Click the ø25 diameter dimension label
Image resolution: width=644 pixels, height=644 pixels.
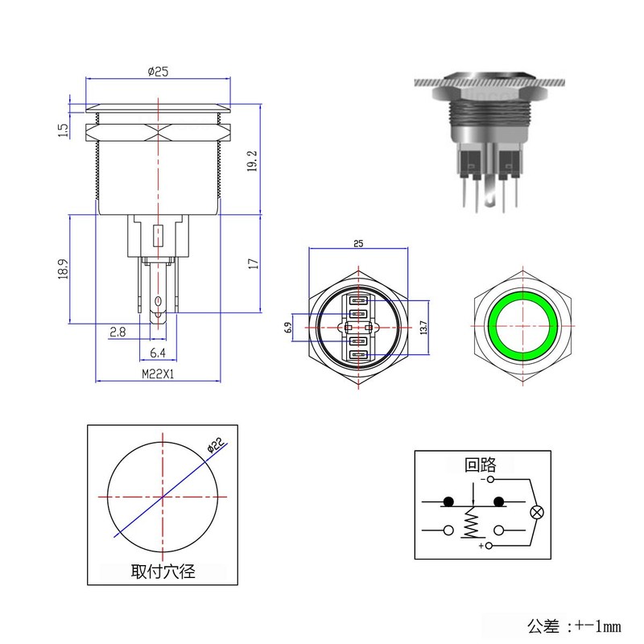coord(158,72)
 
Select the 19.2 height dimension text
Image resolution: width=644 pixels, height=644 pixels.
coord(252,160)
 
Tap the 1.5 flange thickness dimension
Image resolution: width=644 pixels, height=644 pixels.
coord(63,130)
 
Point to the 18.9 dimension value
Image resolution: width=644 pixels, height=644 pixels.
coord(63,269)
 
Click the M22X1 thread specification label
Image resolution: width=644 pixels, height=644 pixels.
coord(158,374)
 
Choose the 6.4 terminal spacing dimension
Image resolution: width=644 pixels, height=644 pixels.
coord(158,353)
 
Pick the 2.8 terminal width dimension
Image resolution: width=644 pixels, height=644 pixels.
coord(118,332)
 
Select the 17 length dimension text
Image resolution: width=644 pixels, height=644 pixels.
coord(253,264)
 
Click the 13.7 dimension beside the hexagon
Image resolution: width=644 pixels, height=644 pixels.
coord(424,328)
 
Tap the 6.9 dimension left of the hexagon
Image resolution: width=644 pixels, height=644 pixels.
coord(287,328)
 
